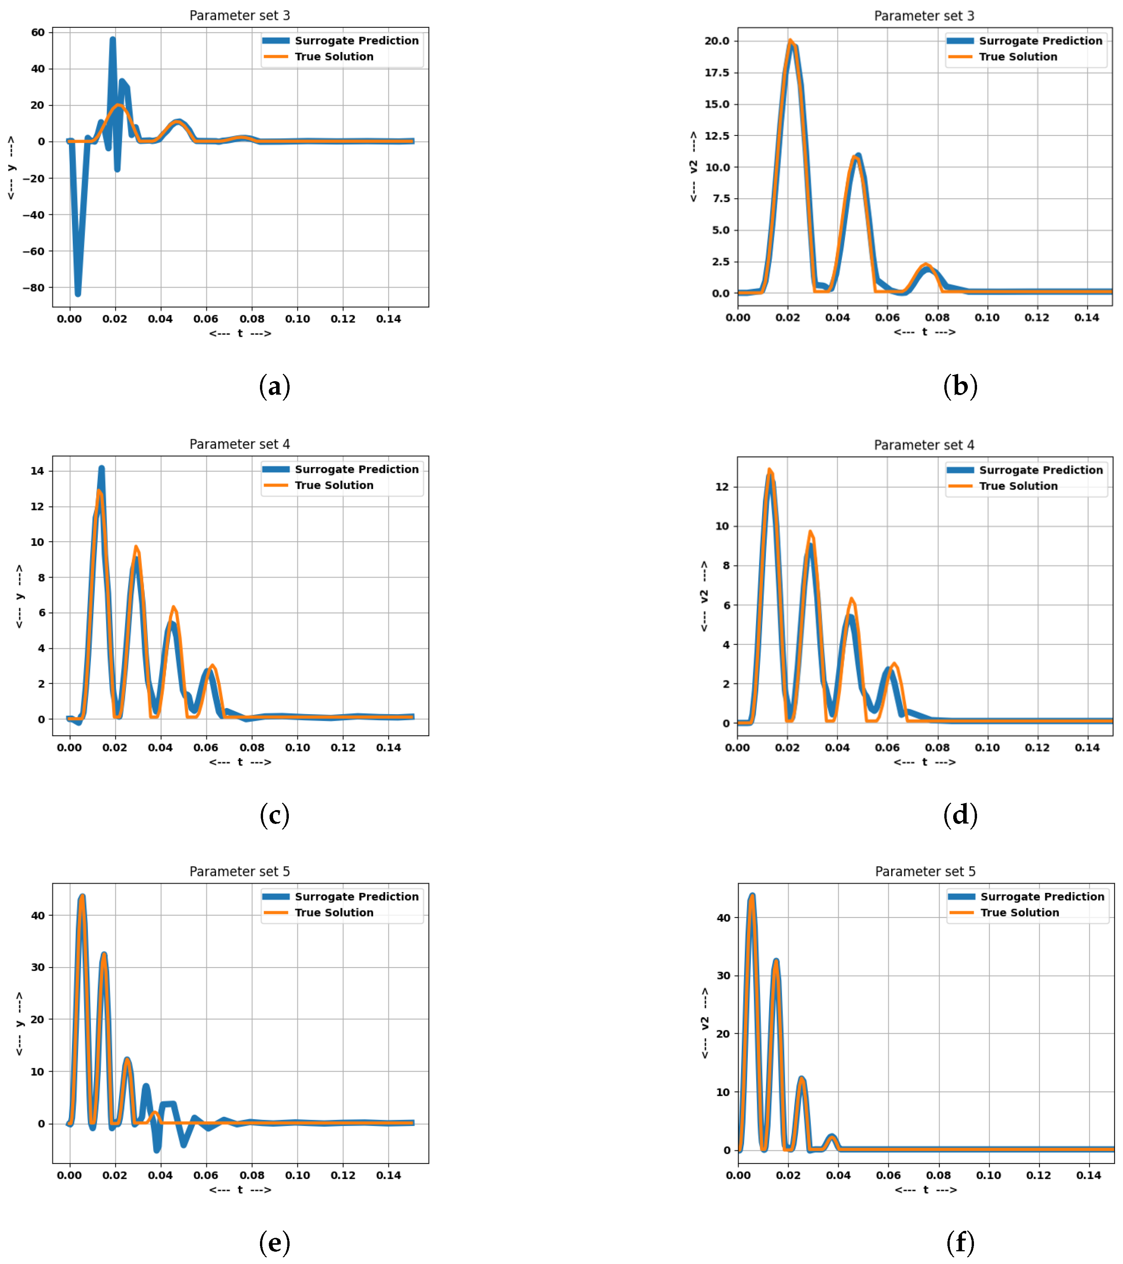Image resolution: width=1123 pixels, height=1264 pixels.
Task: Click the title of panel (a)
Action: coord(239,15)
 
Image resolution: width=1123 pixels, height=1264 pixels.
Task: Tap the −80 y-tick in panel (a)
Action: coord(34,288)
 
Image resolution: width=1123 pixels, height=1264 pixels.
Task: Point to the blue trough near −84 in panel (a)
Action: coord(78,293)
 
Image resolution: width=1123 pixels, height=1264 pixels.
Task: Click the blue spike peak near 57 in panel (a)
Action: coord(112,40)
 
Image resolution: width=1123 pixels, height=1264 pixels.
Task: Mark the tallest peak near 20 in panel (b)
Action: coord(790,42)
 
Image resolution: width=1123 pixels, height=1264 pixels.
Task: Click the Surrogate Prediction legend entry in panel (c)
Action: coord(356,469)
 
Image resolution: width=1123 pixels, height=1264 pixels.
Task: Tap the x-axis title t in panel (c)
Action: coord(240,762)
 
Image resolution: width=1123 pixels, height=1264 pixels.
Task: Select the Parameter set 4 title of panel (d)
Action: coord(924,445)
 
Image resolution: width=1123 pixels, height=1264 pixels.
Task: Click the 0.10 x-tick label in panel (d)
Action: coord(987,748)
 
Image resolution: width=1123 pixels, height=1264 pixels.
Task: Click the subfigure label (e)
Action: coord(274,1242)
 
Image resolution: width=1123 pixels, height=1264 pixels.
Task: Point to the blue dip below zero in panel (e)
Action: coord(157,1149)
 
